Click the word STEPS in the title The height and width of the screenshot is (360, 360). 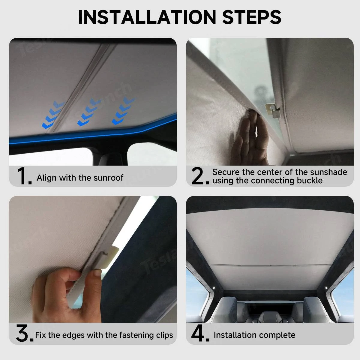tap(251, 17)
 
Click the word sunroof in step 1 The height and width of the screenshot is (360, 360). tap(108, 178)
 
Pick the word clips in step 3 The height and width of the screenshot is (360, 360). tap(164, 335)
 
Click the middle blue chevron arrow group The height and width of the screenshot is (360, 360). tap(89, 112)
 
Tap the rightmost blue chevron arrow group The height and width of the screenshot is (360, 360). tap(123, 111)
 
